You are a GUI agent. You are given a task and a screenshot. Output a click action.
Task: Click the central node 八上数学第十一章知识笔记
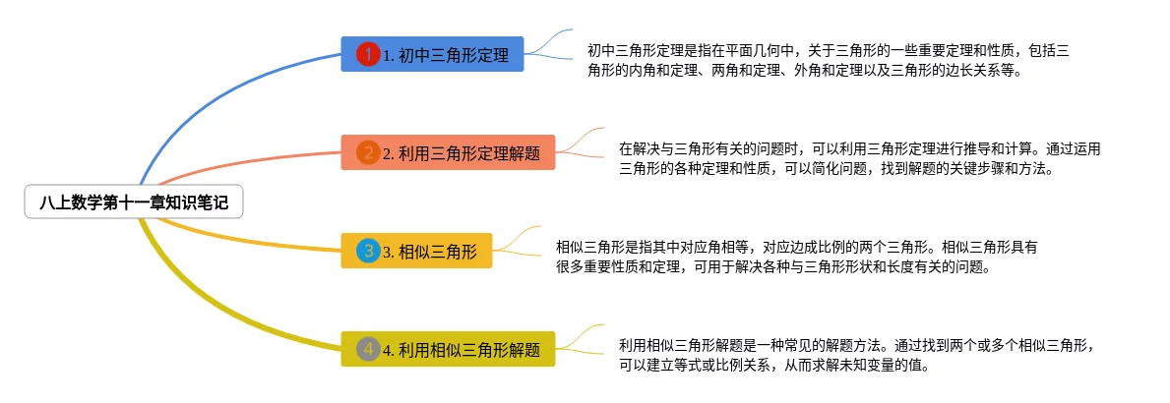[x=133, y=203]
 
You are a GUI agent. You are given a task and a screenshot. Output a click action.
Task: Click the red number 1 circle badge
[x=367, y=55]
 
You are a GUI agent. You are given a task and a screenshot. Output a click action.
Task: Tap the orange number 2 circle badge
[x=367, y=152]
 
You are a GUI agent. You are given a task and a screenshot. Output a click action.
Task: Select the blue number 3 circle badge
[x=367, y=251]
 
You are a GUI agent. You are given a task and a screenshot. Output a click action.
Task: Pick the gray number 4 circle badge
[x=367, y=349]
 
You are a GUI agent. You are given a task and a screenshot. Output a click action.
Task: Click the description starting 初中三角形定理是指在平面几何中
[x=827, y=60]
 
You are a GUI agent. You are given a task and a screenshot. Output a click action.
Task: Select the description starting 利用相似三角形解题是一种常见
[x=856, y=355]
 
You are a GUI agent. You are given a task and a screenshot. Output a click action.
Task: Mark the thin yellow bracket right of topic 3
[x=517, y=241]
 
